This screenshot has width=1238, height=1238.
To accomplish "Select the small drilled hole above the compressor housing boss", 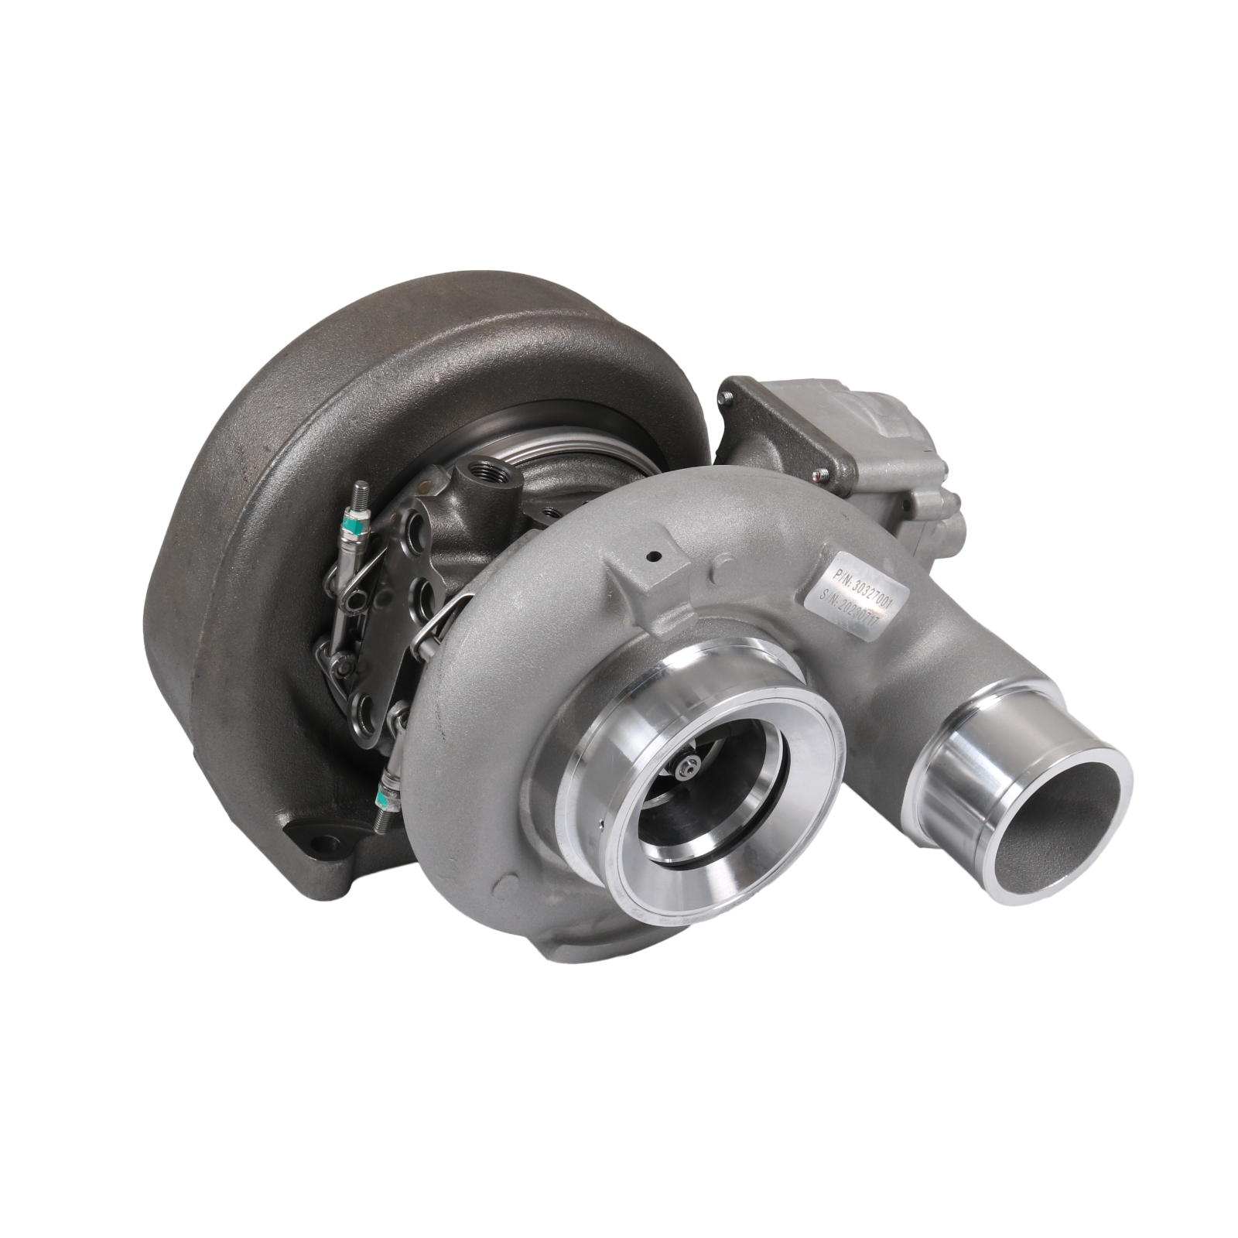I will [x=654, y=555].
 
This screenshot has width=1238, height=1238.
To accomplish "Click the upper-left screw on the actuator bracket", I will [x=727, y=397].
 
